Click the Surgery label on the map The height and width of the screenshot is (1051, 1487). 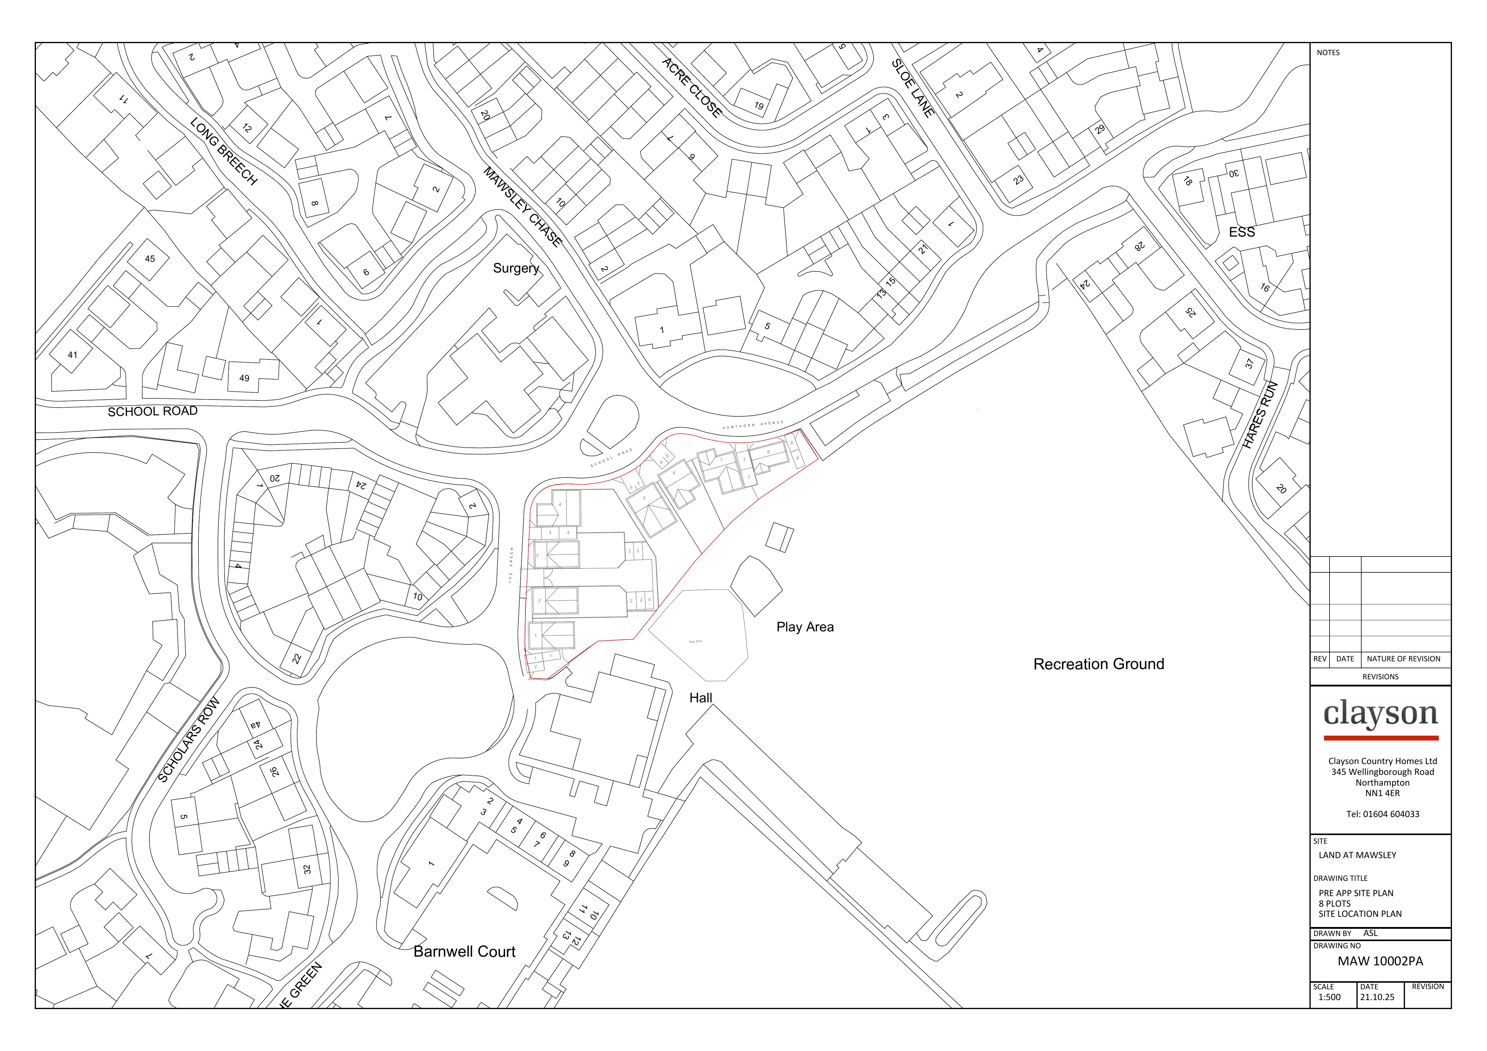(516, 268)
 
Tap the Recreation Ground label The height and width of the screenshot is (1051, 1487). (1098, 664)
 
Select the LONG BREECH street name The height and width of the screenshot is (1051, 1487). (224, 152)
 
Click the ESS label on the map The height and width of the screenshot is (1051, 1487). (1242, 232)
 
